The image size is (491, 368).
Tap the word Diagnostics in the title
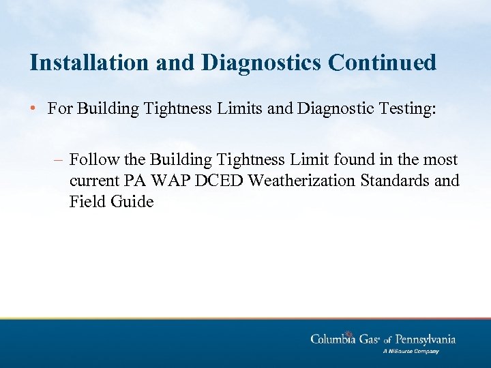click(x=256, y=63)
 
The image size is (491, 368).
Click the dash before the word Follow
click(x=59, y=160)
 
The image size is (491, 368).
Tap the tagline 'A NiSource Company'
click(x=411, y=352)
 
